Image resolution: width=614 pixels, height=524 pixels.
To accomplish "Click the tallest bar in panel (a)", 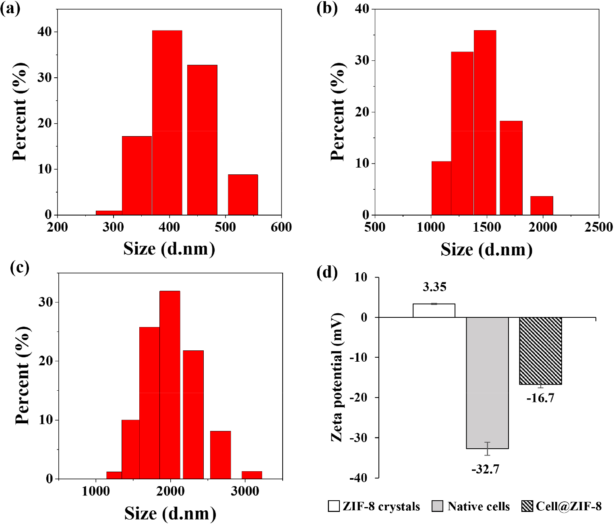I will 167,123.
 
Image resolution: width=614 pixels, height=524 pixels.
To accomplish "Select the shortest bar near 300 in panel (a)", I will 109,213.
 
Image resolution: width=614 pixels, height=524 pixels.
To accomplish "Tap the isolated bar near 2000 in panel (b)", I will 542,205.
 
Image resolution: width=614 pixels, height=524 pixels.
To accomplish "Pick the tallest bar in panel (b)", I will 485,123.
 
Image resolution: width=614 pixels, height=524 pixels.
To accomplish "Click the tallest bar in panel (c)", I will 170,385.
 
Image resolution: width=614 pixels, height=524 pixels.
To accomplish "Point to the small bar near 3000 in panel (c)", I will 252,475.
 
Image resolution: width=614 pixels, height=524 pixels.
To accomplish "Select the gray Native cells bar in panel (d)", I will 487,383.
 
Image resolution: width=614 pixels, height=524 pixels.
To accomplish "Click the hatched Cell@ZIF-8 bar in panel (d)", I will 540,351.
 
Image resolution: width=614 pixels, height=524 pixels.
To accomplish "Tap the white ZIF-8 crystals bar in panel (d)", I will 434,311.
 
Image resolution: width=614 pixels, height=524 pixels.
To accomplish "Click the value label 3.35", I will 434,287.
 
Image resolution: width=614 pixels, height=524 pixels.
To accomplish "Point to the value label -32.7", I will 486,469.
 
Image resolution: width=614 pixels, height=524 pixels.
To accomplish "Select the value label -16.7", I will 540,398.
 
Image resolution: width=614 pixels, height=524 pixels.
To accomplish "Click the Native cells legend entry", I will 471,506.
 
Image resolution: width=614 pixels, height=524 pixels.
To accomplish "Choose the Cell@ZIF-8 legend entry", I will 562,506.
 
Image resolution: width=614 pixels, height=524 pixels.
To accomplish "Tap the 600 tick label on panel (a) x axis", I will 281,227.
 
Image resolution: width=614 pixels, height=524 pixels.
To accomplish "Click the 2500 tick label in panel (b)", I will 598,227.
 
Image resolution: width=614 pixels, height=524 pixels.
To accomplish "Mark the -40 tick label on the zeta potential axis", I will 358,478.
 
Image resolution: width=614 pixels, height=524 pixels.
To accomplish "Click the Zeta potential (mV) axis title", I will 337,377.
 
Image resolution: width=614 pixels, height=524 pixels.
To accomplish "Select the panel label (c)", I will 20,267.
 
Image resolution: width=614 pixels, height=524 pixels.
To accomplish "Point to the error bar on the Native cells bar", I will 487,449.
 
